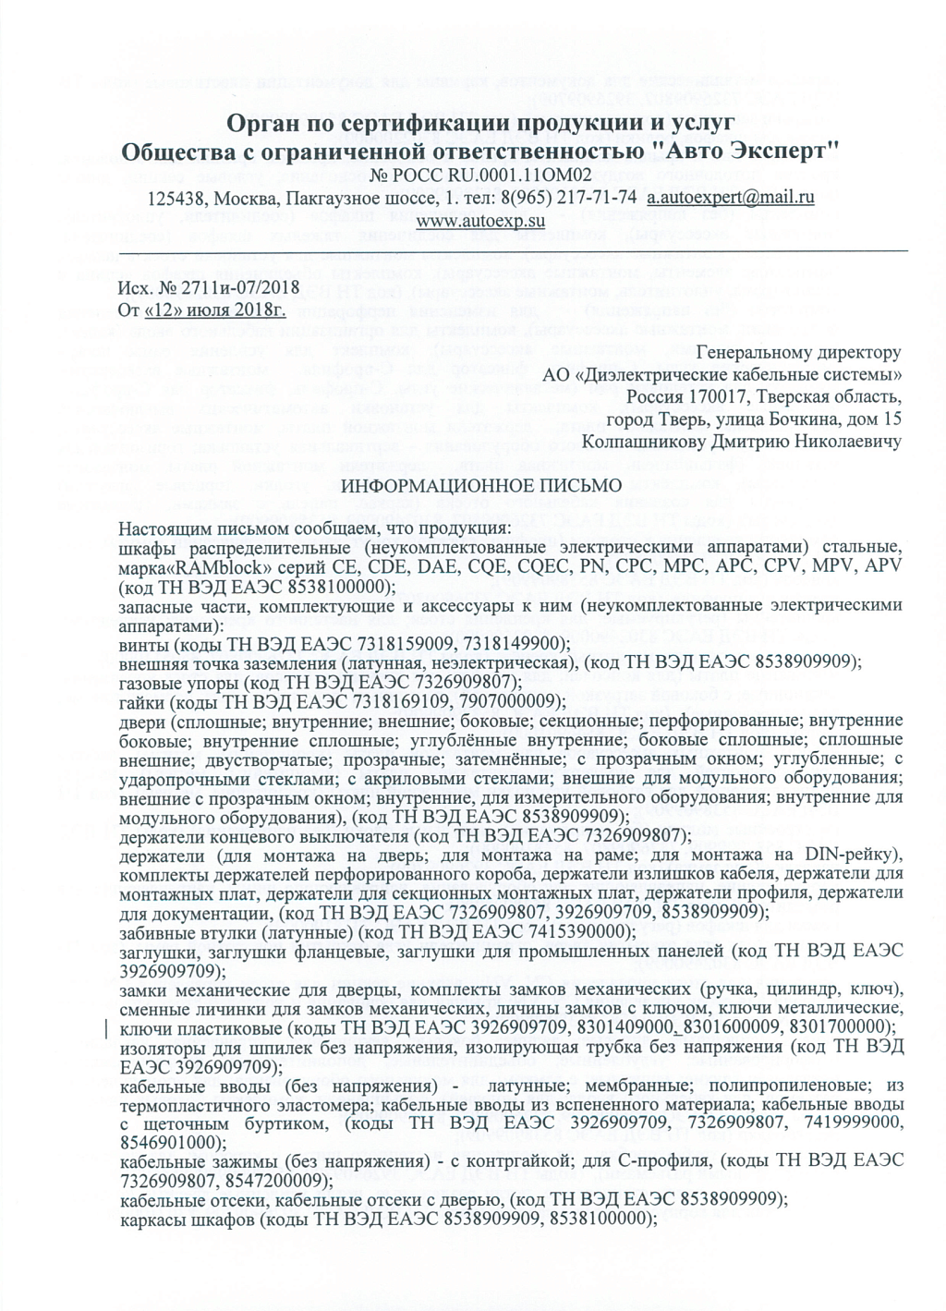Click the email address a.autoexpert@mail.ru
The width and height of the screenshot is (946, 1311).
pyautogui.click(x=730, y=197)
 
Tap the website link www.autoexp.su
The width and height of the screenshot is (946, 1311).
pyautogui.click(x=480, y=221)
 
